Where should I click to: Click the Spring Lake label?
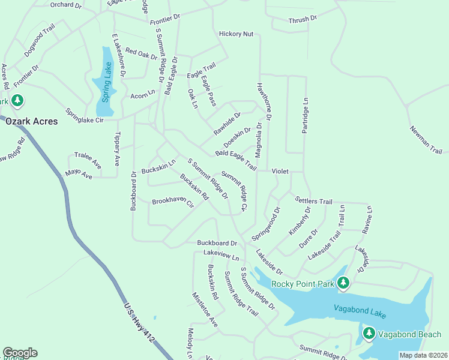[x=106, y=83]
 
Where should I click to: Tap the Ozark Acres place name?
[x=32, y=121]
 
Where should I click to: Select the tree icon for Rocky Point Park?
[x=343, y=281]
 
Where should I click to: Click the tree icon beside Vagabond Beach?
[x=368, y=333]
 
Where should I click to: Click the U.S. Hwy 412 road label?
[x=139, y=323]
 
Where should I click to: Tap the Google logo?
[x=20, y=353]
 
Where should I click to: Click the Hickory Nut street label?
[x=236, y=34]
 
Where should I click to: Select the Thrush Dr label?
[x=303, y=19]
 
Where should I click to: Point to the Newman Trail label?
[x=426, y=140]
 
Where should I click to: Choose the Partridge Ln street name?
[x=305, y=116]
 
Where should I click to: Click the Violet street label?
[x=280, y=171]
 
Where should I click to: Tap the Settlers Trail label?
[x=313, y=200]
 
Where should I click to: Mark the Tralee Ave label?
[x=88, y=160]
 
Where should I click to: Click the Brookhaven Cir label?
[x=173, y=203]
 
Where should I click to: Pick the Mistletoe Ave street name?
[x=204, y=310]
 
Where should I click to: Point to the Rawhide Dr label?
[x=228, y=123]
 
